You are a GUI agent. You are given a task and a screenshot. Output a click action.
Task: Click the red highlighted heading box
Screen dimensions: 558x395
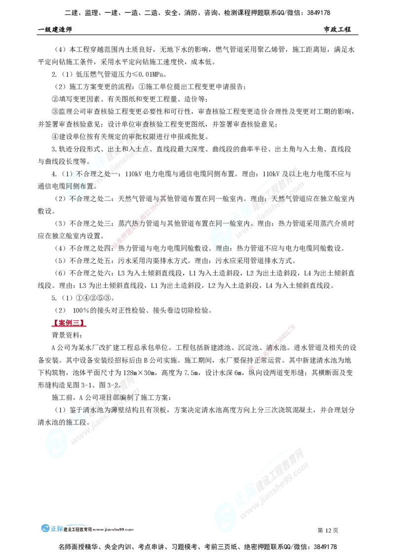pyautogui.click(x=68, y=323)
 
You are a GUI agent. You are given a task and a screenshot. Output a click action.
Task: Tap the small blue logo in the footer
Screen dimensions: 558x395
pyautogui.click(x=51, y=528)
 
